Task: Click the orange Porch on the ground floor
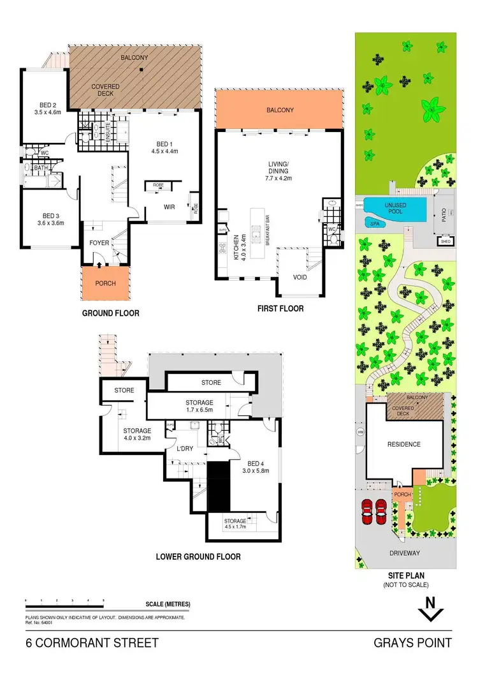tap(105, 283)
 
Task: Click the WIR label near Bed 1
tap(170, 207)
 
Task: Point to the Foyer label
tap(99, 242)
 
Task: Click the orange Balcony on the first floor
tap(280, 110)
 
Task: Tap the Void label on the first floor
tap(300, 278)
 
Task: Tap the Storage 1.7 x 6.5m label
tap(199, 406)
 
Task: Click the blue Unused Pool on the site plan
tap(396, 207)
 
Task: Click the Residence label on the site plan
tap(404, 444)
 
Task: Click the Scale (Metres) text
tap(168, 604)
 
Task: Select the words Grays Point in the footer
tap(414, 643)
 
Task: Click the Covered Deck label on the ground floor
tap(105, 90)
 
